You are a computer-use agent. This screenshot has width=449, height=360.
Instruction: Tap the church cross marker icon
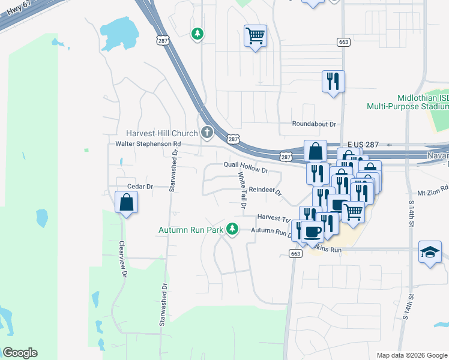point(207,132)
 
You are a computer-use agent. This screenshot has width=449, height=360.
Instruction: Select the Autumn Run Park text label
point(190,230)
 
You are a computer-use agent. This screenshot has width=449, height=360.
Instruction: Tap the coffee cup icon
point(312,231)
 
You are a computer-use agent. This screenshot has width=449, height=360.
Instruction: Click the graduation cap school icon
point(430,253)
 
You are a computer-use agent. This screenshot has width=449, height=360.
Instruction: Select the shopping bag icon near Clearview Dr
point(127,203)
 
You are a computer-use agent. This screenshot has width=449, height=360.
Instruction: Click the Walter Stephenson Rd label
point(148,144)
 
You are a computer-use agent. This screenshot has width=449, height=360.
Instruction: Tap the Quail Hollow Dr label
point(245,168)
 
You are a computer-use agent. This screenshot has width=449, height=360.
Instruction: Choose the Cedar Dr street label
point(140,187)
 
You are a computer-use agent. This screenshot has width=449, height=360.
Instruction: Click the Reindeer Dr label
point(265,190)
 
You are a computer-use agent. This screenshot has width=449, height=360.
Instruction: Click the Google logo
point(20,353)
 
